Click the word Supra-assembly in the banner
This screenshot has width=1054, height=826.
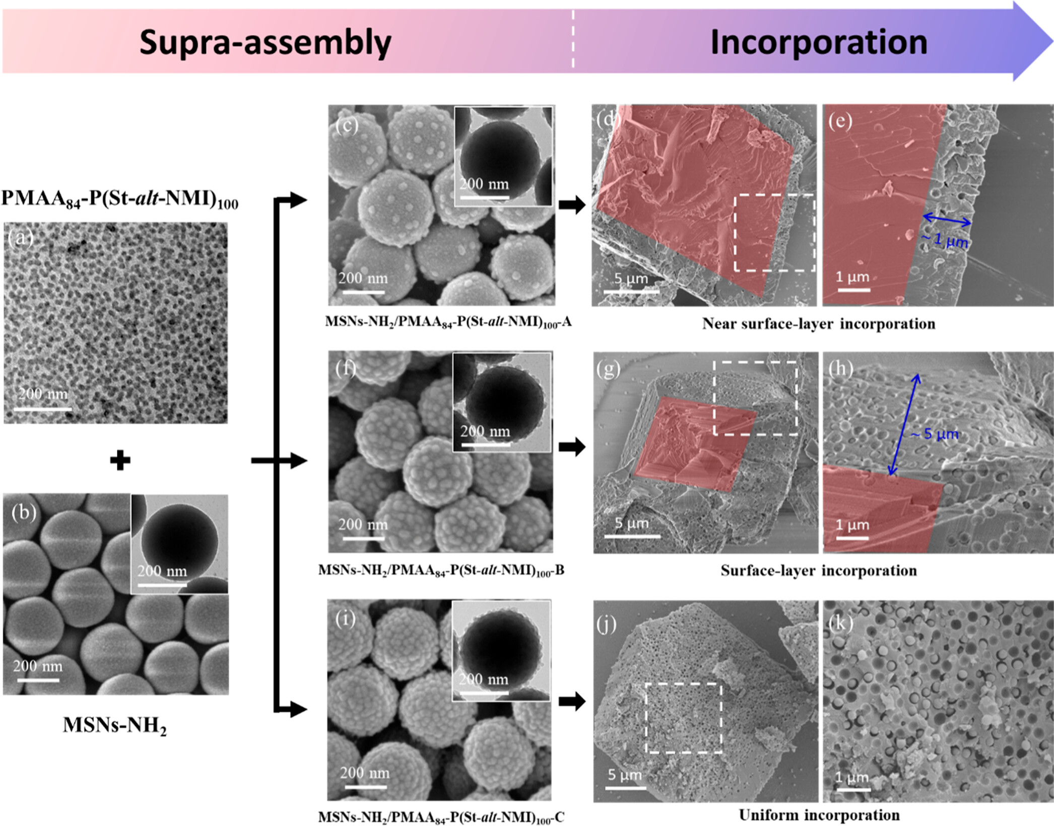click(265, 42)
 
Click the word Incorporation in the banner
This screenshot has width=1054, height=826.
click(818, 42)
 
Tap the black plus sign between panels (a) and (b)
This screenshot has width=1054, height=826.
click(120, 460)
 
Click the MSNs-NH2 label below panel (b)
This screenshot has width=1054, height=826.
click(115, 725)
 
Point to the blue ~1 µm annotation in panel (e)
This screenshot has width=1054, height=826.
click(945, 240)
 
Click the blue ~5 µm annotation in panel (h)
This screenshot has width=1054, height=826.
click(935, 434)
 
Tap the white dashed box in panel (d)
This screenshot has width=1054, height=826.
click(774, 233)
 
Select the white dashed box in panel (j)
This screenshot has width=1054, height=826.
click(684, 718)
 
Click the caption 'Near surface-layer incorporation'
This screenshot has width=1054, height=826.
click(818, 324)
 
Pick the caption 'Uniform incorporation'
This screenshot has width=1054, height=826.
click(819, 814)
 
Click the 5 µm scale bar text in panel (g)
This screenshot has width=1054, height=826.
click(631, 523)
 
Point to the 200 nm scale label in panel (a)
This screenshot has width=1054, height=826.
click(43, 394)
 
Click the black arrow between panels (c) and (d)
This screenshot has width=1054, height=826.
click(572, 204)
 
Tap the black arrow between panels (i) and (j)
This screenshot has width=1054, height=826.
click(572, 701)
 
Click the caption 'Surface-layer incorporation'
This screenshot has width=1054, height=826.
click(818, 571)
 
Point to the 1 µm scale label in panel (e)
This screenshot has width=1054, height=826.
click(852, 277)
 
